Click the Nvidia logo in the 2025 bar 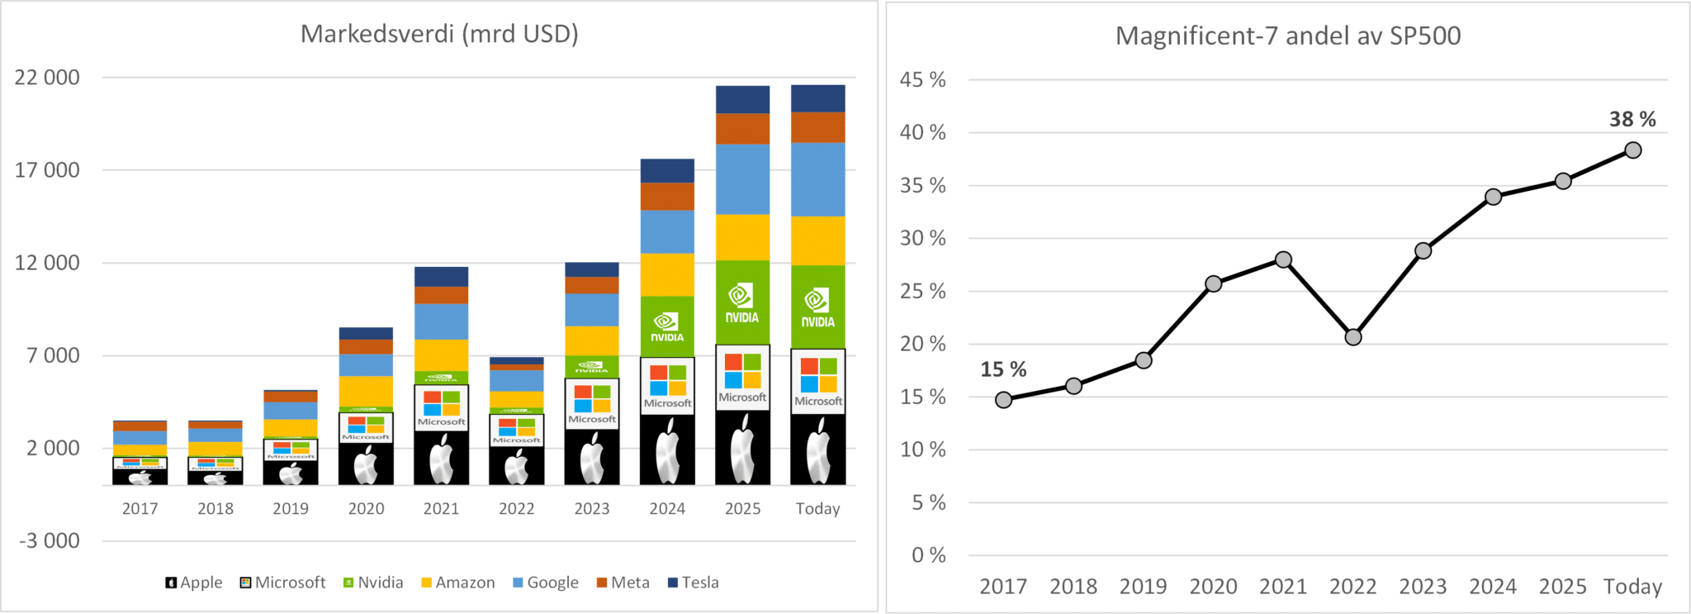(741, 303)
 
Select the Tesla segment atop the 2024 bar (667, 171)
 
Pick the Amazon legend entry (458, 583)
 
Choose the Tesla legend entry (693, 583)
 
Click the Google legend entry (546, 583)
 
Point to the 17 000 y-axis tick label (47, 170)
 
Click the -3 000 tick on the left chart (50, 541)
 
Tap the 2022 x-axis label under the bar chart (517, 509)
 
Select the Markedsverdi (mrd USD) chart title (439, 34)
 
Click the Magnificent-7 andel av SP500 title (1288, 36)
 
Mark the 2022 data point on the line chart (1352, 337)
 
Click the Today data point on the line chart (1632, 150)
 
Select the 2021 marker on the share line (1283, 259)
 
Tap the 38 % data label (1632, 120)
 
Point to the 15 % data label (1003, 369)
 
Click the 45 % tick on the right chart (923, 80)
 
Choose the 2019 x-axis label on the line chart (1143, 587)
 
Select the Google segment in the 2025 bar (742, 179)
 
